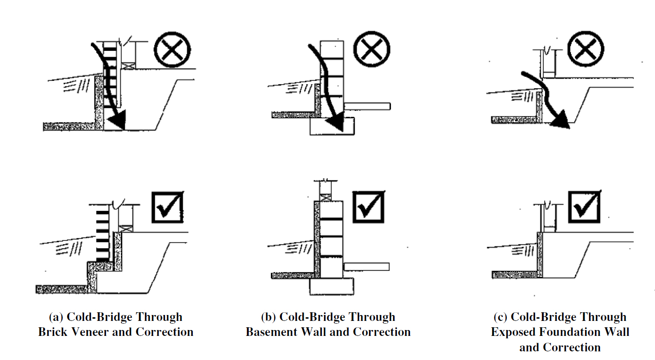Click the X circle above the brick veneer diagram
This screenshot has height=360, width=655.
(172, 50)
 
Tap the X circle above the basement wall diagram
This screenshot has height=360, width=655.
(372, 49)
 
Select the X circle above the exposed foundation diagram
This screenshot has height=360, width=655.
(586, 49)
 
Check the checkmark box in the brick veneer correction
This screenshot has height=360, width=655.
(168, 207)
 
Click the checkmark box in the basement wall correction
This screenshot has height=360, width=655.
(369, 207)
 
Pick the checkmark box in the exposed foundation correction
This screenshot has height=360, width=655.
(584, 206)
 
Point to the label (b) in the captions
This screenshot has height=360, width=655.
(269, 317)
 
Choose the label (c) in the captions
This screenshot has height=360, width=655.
(500, 317)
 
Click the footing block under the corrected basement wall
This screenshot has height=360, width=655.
(332, 286)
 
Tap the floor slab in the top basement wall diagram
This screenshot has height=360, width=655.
(367, 106)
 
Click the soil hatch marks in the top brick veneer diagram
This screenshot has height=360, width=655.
(77, 86)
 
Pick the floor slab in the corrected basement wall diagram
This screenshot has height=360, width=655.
(367, 267)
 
